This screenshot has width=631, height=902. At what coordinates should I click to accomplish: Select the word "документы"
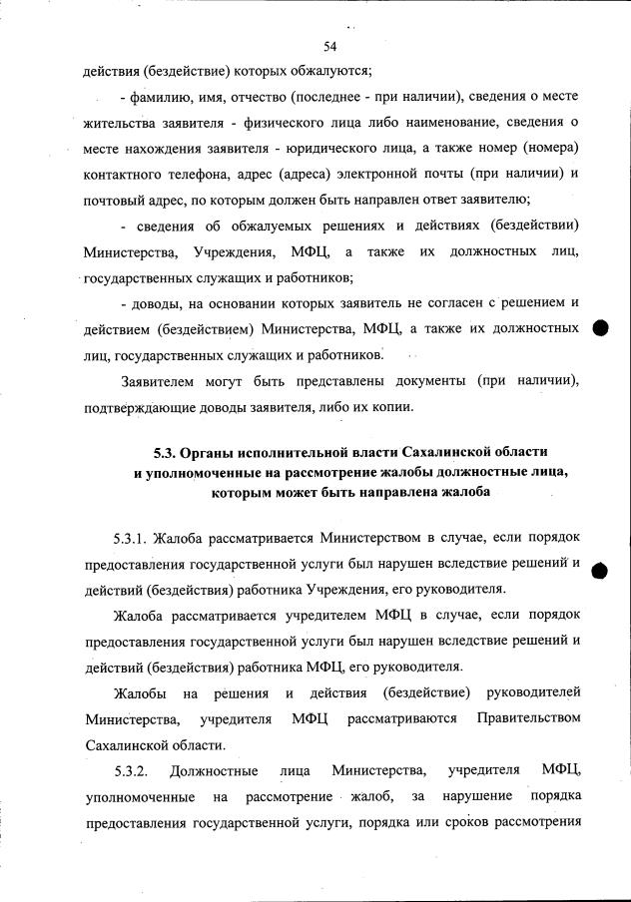[x=424, y=381]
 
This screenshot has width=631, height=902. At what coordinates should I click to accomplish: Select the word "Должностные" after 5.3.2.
[x=215, y=770]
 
